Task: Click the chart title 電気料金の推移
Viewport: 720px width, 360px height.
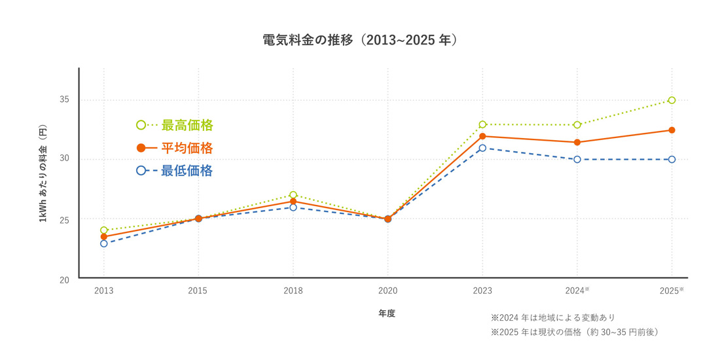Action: (x=359, y=40)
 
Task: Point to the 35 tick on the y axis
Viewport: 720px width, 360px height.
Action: (x=65, y=100)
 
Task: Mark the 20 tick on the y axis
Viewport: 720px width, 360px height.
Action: (x=65, y=279)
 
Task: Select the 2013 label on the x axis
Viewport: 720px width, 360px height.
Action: (x=103, y=291)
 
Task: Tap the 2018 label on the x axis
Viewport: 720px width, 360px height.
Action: (x=293, y=291)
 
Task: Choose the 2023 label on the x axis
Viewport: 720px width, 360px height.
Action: (x=482, y=291)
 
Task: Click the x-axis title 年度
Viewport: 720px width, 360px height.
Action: (x=387, y=314)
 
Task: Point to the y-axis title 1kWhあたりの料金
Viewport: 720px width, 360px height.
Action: (x=43, y=173)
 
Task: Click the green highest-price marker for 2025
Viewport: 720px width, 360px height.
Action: (x=672, y=100)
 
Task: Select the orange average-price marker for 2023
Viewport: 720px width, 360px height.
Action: (x=482, y=136)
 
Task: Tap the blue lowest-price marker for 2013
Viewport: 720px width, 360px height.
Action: (x=103, y=243)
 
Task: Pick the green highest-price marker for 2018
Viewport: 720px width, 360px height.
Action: (x=293, y=195)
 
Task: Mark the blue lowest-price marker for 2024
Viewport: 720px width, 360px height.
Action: (x=577, y=159)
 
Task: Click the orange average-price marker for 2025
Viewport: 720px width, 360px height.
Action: (x=672, y=130)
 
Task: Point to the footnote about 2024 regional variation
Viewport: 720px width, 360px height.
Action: (x=553, y=317)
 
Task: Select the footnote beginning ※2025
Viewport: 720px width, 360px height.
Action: (x=574, y=333)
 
